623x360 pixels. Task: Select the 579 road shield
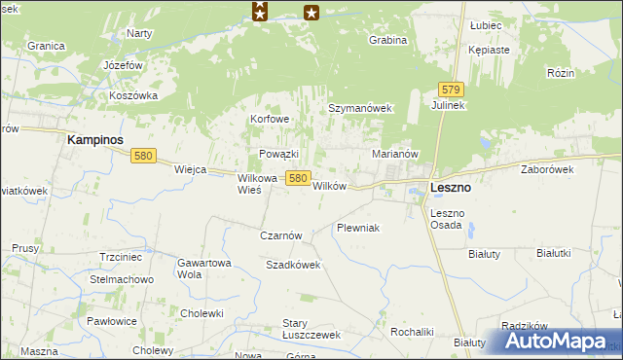point(449,88)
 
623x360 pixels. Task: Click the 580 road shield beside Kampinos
point(144,156)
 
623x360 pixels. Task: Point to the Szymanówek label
point(358,108)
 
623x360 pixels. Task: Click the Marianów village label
point(395,154)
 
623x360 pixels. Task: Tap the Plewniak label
point(356,228)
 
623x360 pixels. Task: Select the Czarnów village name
point(282,235)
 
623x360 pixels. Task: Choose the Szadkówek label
point(293,265)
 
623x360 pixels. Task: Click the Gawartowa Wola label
point(203,269)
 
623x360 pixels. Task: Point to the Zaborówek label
point(547,169)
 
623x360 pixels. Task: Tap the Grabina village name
point(386,41)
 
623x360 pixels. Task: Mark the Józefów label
point(124,65)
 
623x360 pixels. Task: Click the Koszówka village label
point(133,95)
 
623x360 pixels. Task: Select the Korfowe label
point(270,120)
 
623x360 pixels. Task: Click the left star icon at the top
point(259,12)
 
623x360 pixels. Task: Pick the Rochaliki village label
point(412,331)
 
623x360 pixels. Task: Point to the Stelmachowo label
point(122,280)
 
